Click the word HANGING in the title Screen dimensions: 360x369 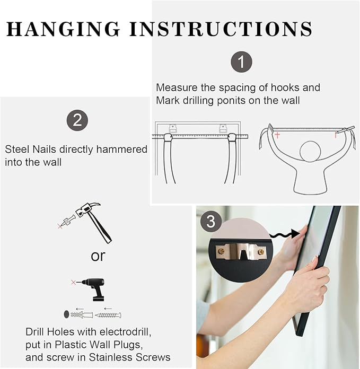coord(63,29)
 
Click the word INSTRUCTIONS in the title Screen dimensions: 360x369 coord(221,29)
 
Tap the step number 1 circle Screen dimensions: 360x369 coord(241,62)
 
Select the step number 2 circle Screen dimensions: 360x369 coord(77,120)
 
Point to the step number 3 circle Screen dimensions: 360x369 coord(211,222)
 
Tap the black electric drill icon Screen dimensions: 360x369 coord(94,289)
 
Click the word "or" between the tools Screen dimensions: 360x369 coord(98,256)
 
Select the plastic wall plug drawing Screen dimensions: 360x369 coord(82,314)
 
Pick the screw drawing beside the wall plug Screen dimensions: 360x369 coord(108,315)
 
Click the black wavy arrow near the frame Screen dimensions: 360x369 coord(285,234)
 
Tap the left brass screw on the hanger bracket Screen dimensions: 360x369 coord(221,251)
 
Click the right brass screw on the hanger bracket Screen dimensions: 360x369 coord(261,252)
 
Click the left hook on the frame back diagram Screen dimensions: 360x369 coord(173,128)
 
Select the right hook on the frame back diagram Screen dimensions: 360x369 coord(223,128)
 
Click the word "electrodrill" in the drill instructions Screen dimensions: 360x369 coord(126,332)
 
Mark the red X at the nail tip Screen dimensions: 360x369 coord(60,226)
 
